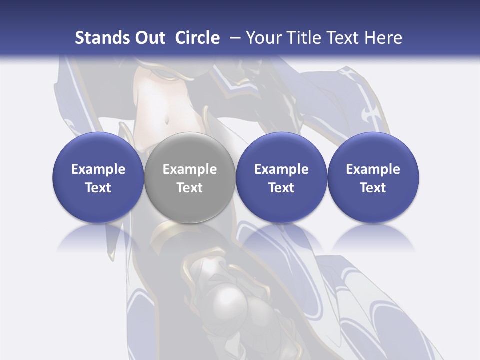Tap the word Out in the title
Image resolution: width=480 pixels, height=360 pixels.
point(149,38)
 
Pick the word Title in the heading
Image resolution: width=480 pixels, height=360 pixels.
point(300,38)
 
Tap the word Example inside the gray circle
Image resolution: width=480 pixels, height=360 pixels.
point(190,169)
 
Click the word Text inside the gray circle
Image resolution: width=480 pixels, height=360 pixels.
point(190,188)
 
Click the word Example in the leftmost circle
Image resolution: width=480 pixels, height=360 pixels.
point(98,169)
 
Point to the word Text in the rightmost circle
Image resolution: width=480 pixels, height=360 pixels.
point(373,188)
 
